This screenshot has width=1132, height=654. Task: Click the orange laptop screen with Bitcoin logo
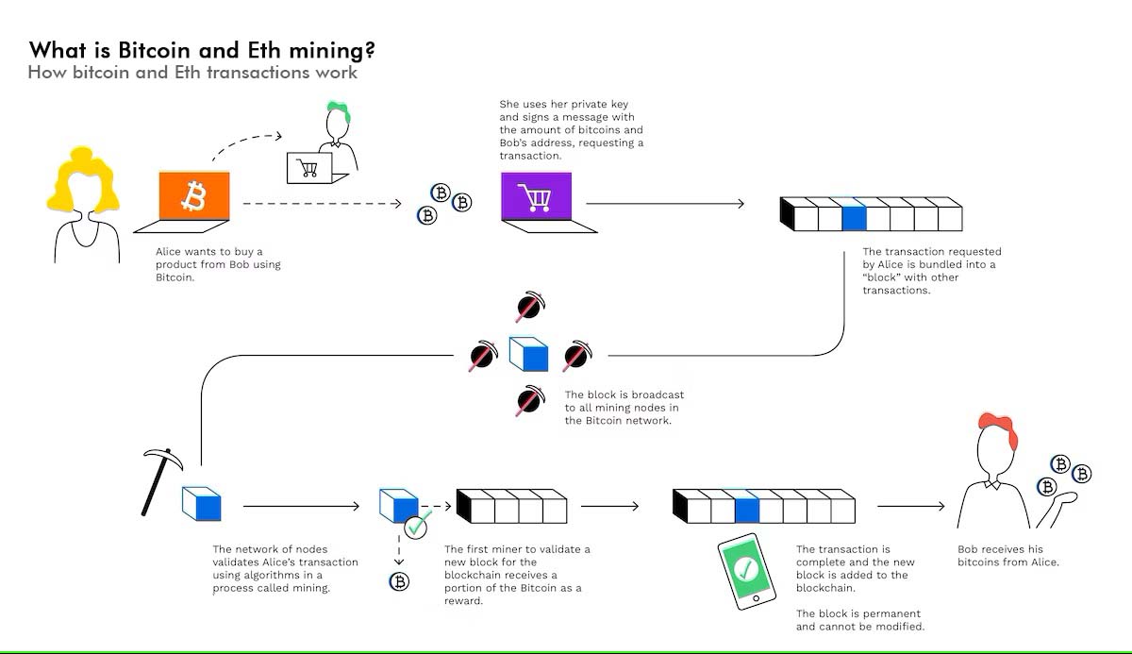click(194, 197)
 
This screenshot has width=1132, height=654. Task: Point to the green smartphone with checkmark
click(746, 570)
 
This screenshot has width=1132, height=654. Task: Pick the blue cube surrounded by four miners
click(528, 355)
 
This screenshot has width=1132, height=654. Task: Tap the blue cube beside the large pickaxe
click(202, 504)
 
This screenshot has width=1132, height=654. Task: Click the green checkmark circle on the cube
click(415, 525)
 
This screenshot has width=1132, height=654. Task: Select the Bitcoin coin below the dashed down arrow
click(399, 581)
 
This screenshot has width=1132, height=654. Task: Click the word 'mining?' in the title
click(329, 49)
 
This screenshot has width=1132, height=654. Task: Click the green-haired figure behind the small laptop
click(337, 127)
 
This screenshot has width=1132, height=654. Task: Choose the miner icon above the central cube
click(527, 309)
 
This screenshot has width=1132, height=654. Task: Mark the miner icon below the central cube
click(528, 400)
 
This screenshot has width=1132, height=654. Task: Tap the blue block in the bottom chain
click(746, 510)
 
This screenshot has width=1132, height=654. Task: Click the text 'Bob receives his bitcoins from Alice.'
click(1008, 556)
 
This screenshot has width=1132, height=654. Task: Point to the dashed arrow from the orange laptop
click(321, 203)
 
